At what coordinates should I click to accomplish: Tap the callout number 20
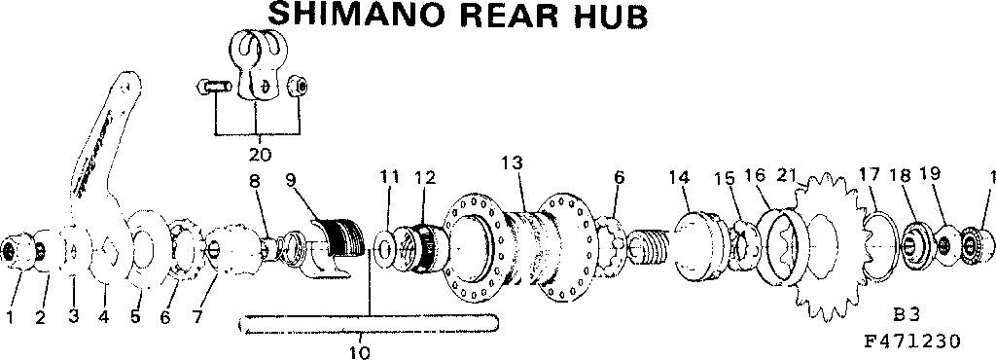[259, 154]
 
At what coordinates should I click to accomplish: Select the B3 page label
[906, 315]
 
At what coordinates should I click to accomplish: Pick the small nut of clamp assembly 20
[301, 89]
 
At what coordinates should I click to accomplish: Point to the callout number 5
[135, 318]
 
